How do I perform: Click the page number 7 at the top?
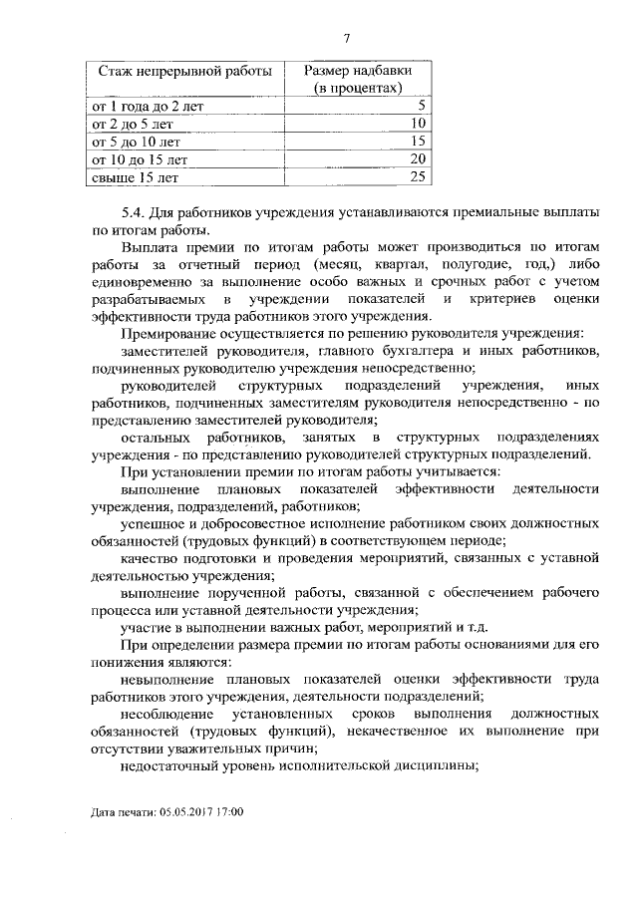346,40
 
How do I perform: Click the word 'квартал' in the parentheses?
406,266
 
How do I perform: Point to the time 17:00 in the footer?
230,812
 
